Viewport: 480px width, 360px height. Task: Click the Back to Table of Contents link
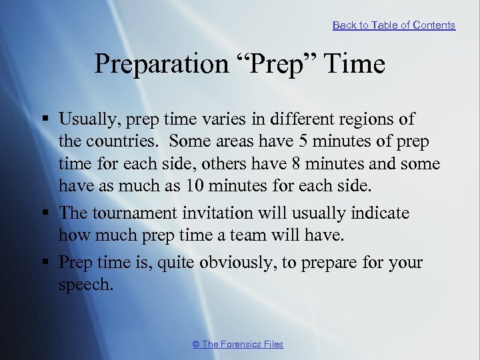[393, 25]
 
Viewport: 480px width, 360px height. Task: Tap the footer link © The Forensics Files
[237, 344]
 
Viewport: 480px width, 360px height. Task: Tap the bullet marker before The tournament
[46, 213]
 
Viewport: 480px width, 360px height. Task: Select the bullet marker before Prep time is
[46, 263]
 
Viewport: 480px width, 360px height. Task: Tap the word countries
[121, 142]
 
